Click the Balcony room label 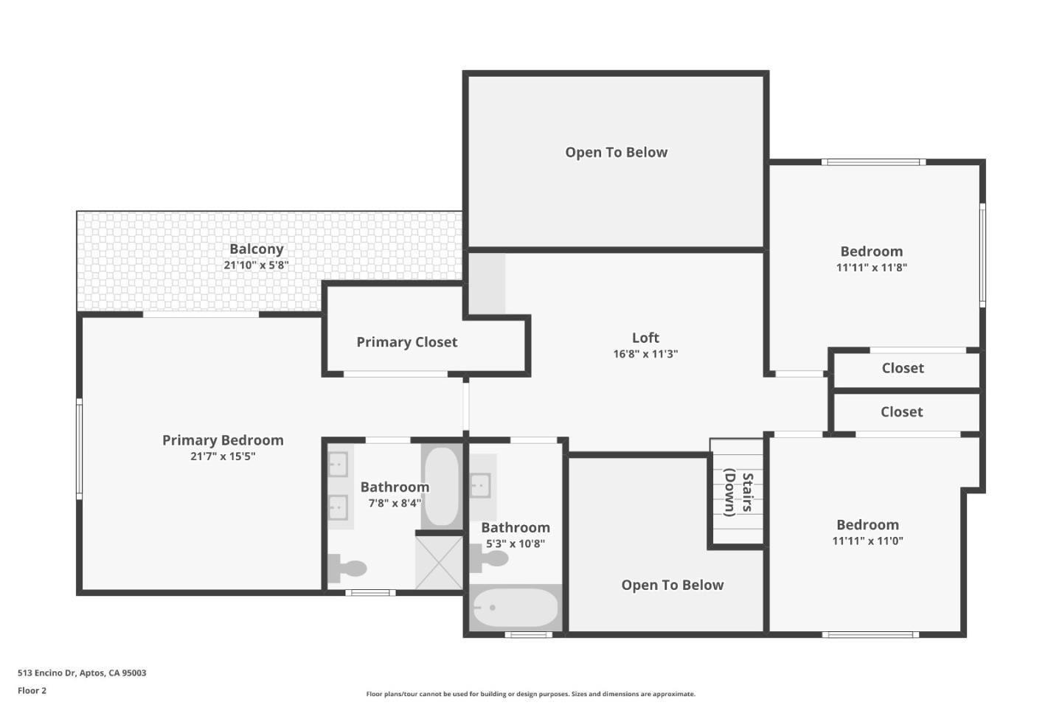(x=256, y=249)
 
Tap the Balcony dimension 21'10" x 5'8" (x=256, y=265)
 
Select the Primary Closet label (x=406, y=342)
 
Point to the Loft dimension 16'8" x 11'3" (x=645, y=354)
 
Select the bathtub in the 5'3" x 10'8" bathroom (x=515, y=608)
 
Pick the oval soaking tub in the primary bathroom (x=441, y=486)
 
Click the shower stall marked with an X (x=439, y=562)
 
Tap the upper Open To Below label (x=616, y=153)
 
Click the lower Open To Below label (x=672, y=586)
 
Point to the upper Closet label (x=903, y=368)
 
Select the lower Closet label (x=901, y=412)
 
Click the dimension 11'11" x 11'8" (x=871, y=268)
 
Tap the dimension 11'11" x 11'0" (x=867, y=541)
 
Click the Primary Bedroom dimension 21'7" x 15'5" (x=223, y=457)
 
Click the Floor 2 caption (x=32, y=691)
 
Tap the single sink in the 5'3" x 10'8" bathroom (x=482, y=485)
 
